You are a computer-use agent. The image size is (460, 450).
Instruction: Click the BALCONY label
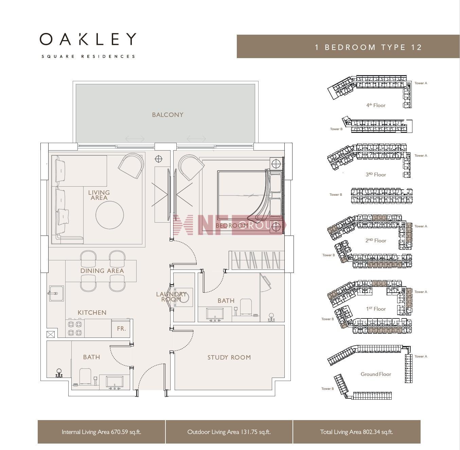tap(167, 115)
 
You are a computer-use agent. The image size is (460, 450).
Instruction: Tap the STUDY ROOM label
tap(229, 357)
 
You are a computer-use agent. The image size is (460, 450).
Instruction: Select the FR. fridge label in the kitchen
tap(122, 328)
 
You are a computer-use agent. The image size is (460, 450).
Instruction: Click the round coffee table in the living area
tap(109, 215)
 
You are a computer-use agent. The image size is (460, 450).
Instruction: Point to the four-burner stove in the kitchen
tap(75, 328)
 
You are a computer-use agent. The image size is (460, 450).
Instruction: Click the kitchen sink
tap(56, 293)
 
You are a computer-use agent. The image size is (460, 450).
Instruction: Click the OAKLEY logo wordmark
tap(88, 39)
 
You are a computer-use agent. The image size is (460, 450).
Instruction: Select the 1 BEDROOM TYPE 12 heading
tap(368, 47)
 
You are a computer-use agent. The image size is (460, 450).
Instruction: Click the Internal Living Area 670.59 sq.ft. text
tap(101, 432)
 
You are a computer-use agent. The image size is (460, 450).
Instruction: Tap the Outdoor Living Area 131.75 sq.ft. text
tap(229, 432)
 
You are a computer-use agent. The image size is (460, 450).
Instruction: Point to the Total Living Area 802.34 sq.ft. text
tap(356, 432)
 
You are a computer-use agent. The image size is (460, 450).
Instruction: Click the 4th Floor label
tap(376, 105)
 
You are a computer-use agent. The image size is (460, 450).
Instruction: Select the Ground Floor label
tap(376, 374)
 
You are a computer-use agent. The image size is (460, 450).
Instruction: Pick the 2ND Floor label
tap(376, 241)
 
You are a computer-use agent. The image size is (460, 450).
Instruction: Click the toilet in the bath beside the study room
tap(246, 307)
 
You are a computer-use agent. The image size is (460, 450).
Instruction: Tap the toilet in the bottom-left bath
tap(85, 376)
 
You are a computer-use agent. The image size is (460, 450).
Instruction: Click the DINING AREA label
tap(102, 271)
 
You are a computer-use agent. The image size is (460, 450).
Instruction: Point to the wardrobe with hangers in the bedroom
tap(256, 260)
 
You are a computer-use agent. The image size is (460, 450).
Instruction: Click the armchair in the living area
tap(131, 165)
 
